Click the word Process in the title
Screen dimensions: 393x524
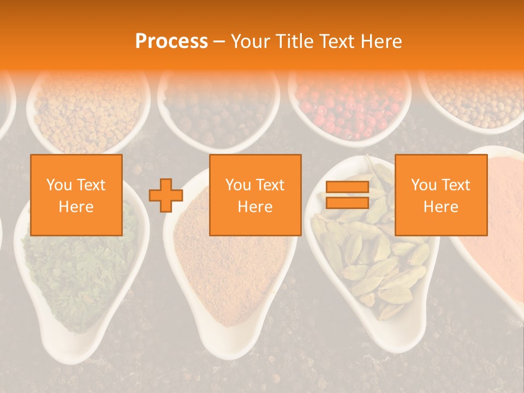click(x=171, y=41)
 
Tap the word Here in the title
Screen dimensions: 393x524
click(x=378, y=41)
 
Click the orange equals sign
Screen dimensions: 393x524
click(x=347, y=195)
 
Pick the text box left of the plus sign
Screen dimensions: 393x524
click(x=76, y=195)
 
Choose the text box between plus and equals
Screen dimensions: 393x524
click(x=255, y=195)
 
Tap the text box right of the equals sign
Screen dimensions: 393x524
click(x=441, y=195)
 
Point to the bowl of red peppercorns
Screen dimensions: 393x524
click(x=349, y=106)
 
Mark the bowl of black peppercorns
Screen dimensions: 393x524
click(x=218, y=109)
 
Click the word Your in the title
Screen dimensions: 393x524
click(x=251, y=41)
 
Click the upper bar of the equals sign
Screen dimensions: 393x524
click(x=347, y=187)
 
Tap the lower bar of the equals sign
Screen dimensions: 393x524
click(x=347, y=203)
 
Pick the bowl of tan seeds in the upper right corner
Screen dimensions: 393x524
click(x=475, y=98)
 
